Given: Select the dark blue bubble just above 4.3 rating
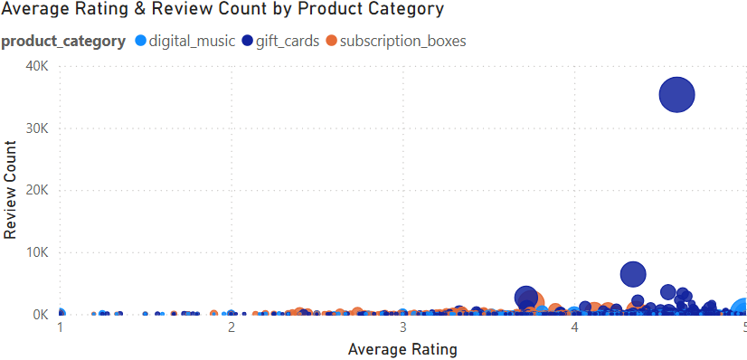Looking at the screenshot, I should (633, 274).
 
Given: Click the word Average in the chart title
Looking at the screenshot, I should (35, 10).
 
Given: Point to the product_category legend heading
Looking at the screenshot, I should (63, 41).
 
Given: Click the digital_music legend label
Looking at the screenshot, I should (192, 41).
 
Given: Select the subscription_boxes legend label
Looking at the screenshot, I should (402, 41).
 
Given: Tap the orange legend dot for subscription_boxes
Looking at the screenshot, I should (332, 41).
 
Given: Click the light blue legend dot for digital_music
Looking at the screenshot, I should (140, 41).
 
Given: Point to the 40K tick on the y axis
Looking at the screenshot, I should (36, 66).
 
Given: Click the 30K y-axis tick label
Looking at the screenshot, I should (36, 128).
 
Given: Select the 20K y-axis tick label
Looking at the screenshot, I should (36, 191).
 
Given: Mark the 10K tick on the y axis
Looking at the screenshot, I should (36, 253).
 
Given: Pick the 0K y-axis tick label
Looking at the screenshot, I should (40, 315).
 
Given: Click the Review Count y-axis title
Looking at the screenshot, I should (11, 190).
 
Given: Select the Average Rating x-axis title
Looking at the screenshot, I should (402, 348).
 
